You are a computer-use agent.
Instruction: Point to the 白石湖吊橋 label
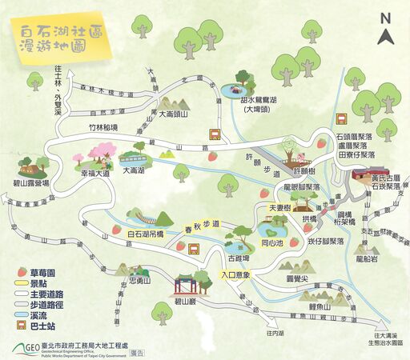[144, 232]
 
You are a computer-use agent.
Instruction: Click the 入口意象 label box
[237, 276]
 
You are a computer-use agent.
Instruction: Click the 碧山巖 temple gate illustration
[187, 282]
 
